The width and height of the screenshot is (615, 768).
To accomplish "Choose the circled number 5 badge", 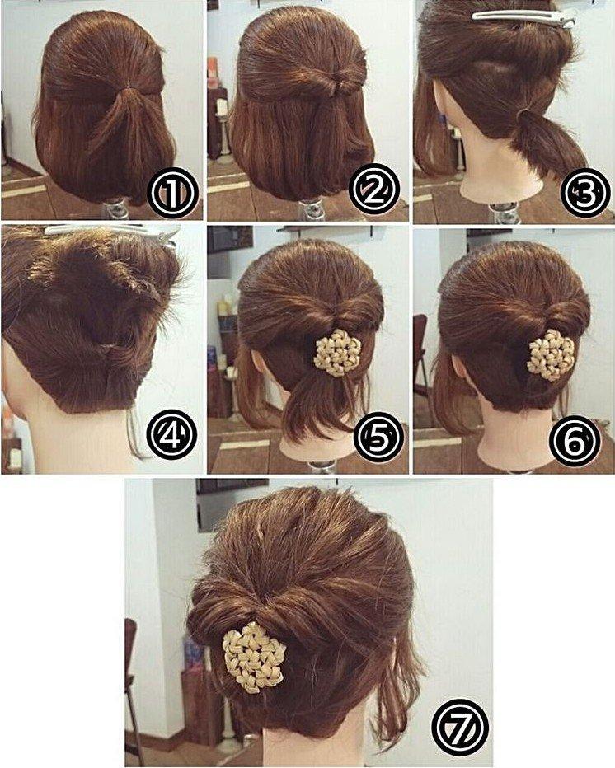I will [x=378, y=439].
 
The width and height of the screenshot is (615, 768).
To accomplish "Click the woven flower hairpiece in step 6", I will [x=551, y=354].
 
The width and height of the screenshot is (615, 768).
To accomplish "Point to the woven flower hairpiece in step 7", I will [x=253, y=656].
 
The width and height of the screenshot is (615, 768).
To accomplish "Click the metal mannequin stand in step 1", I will [x=118, y=208].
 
